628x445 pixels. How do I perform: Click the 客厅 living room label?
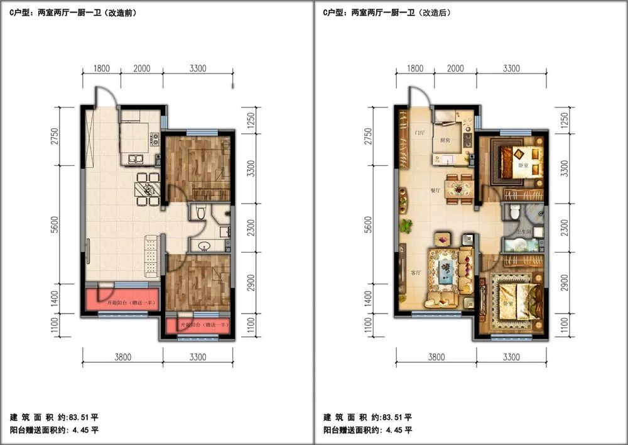pos(416,272)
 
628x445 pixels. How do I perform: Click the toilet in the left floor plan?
pos(200,212)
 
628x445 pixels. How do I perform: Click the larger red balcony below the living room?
pos(121,299)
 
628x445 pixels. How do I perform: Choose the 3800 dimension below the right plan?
pos(436,357)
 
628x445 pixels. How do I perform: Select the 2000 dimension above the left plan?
pos(142,69)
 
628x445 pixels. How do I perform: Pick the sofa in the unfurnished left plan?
pos(151,256)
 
